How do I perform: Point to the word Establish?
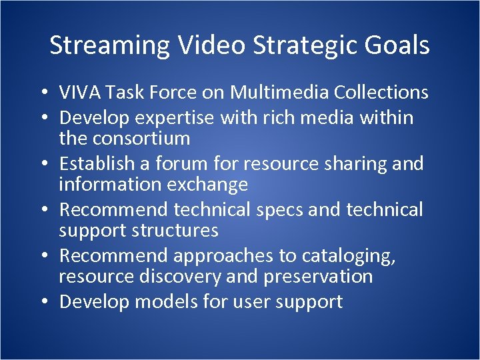pos(99,163)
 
